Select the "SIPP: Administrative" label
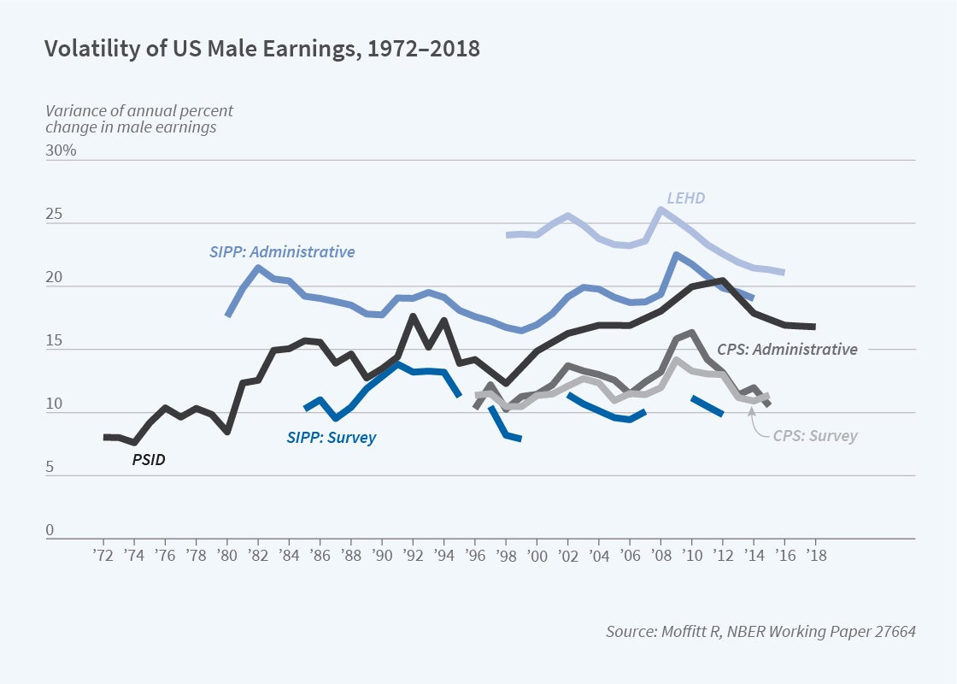(282, 252)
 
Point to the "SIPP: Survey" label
(331, 437)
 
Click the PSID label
(148, 459)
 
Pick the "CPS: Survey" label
(814, 436)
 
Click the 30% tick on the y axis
(61, 150)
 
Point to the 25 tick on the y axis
(55, 214)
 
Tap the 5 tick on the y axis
(50, 467)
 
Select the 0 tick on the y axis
(50, 530)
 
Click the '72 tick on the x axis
(103, 554)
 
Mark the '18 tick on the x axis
(814, 554)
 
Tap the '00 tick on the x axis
(537, 554)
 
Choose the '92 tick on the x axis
(413, 554)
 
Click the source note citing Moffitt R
(760, 632)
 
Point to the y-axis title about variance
(139, 119)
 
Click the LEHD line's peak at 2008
(661, 209)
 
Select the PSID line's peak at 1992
(413, 317)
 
